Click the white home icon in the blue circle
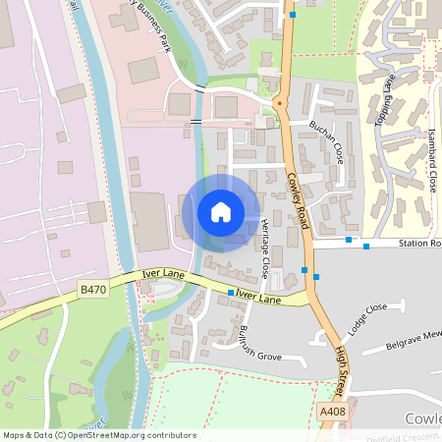click(220, 212)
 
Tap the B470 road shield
click(92, 290)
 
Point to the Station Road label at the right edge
click(419, 243)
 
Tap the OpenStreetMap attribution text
click(99, 435)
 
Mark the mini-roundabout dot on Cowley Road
click(278, 101)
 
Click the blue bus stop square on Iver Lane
click(231, 293)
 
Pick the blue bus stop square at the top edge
click(293, 15)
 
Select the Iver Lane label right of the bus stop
click(258, 297)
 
